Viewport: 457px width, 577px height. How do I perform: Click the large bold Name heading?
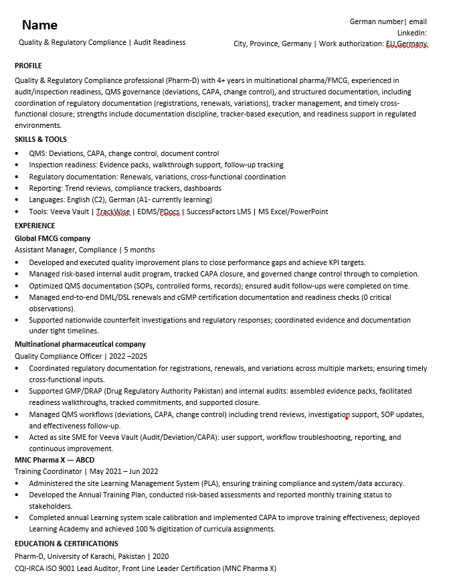(x=39, y=25)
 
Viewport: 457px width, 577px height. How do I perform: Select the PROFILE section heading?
(x=28, y=66)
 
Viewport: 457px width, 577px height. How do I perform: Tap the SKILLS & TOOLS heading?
(x=41, y=139)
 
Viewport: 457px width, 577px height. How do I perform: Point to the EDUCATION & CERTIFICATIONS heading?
(x=66, y=544)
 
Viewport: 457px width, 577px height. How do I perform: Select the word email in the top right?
(x=418, y=21)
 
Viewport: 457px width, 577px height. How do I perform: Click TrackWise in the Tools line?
(x=114, y=212)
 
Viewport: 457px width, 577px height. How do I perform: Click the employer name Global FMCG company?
(x=52, y=238)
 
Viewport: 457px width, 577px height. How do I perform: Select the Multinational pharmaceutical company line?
(x=80, y=344)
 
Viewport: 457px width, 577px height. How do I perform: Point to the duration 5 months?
(x=139, y=250)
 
